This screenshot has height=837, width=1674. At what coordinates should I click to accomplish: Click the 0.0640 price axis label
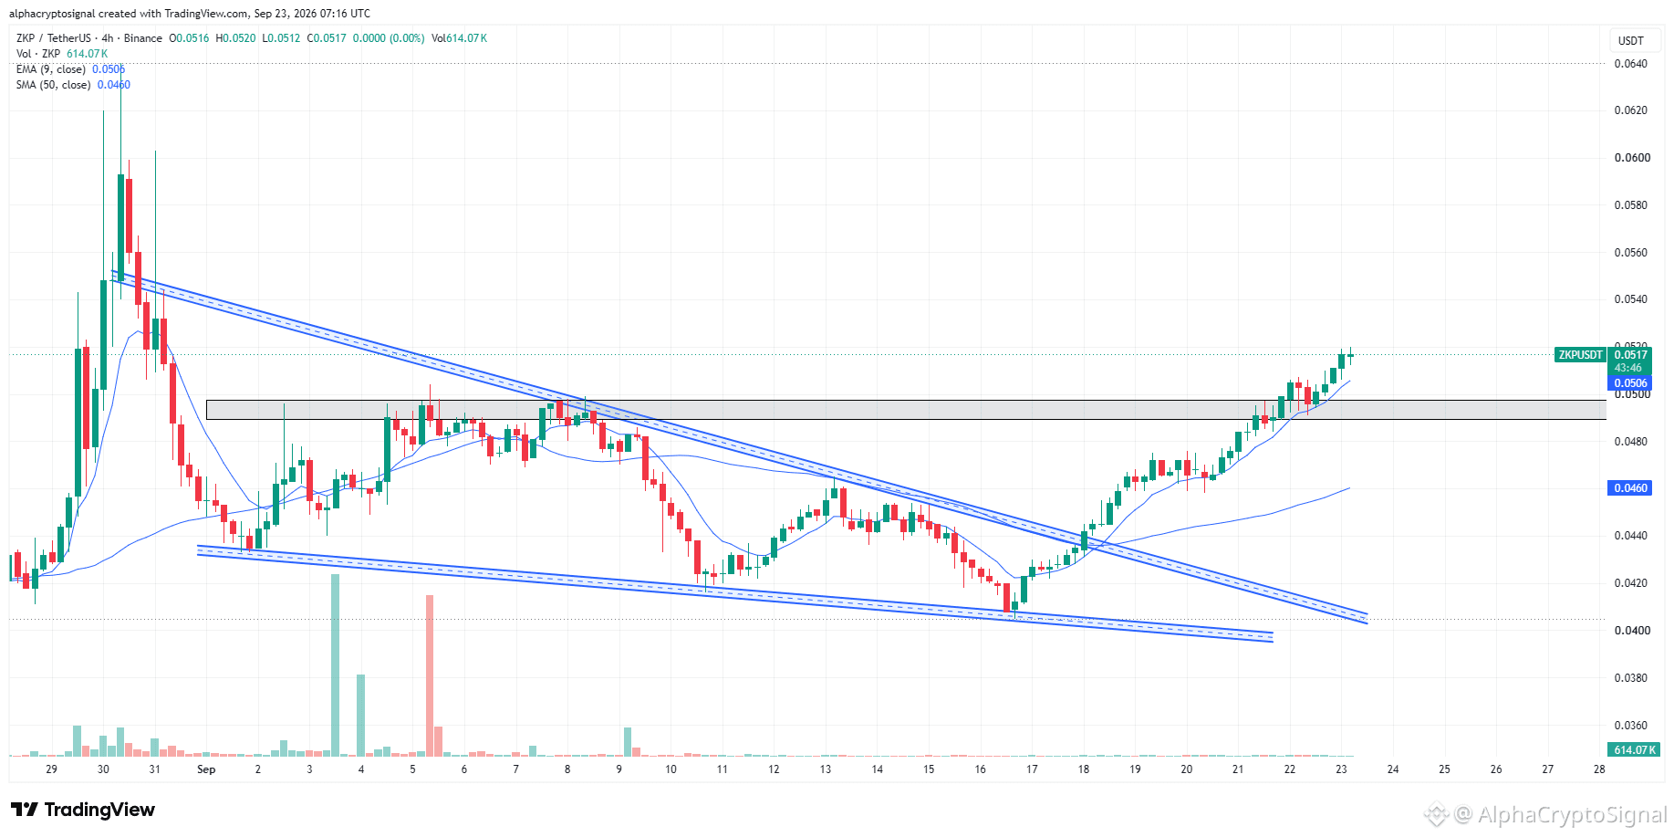click(x=1631, y=64)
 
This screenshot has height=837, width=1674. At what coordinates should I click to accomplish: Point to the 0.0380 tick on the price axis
click(x=1631, y=678)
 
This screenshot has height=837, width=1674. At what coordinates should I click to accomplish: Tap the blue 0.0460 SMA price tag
click(x=1631, y=488)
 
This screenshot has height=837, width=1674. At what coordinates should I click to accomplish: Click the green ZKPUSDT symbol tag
click(x=1581, y=355)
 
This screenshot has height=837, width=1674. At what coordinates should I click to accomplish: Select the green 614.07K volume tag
click(x=1634, y=750)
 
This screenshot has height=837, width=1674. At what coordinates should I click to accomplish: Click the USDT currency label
click(x=1631, y=41)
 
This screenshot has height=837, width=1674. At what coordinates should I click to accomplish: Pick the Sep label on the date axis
click(x=206, y=769)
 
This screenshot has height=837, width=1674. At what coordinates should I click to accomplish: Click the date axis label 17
click(x=1032, y=769)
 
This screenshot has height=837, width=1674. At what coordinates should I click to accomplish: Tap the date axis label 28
click(x=1599, y=769)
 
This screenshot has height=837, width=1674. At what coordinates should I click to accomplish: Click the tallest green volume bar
click(x=335, y=665)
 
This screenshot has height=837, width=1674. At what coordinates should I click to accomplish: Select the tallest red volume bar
click(x=430, y=675)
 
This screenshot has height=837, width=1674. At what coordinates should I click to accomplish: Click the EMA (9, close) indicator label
click(x=51, y=69)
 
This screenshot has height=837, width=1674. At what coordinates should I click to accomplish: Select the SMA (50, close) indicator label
click(x=54, y=85)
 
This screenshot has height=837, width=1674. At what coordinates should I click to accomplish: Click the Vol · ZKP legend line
click(x=61, y=54)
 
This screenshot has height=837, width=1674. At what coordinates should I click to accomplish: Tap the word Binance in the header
click(x=143, y=38)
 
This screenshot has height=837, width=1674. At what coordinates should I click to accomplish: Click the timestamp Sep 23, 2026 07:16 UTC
click(x=312, y=14)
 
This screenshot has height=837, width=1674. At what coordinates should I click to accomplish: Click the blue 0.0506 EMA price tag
click(x=1631, y=383)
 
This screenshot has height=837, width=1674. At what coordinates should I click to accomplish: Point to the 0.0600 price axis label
click(x=1631, y=158)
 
